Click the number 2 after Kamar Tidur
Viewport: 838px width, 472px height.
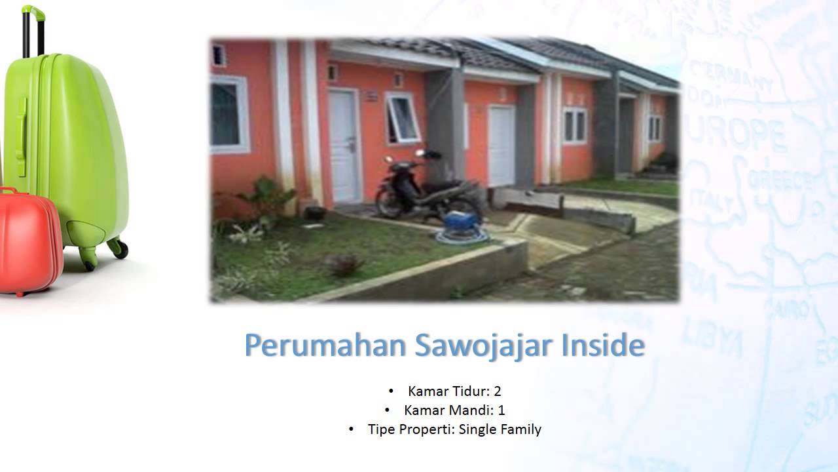498,391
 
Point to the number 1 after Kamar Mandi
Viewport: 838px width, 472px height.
501,410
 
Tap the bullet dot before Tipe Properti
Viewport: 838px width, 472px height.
352,429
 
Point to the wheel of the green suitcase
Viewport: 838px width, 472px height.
118,247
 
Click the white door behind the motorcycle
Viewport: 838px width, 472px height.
344,146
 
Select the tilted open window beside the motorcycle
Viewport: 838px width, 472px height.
402,118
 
